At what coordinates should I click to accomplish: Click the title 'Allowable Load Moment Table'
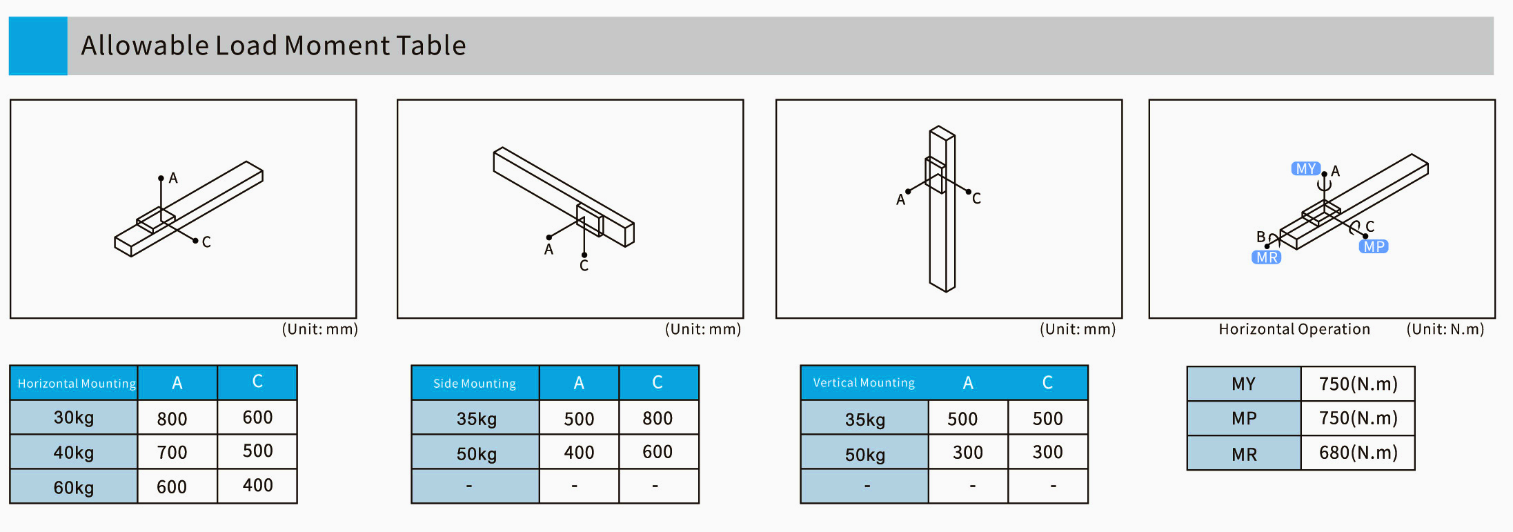coord(273,46)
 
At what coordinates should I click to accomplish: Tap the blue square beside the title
coord(38,46)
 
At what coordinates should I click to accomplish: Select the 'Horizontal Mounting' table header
coord(77,384)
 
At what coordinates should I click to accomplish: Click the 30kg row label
coord(74,417)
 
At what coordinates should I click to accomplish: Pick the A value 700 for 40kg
coord(172,453)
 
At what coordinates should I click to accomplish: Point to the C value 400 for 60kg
coord(258,486)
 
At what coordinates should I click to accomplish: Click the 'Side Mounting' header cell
coord(475,384)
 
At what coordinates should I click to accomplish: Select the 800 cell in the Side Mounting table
coord(657,418)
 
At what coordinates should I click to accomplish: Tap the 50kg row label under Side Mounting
coord(477,454)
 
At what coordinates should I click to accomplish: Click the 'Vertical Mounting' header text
coord(864,383)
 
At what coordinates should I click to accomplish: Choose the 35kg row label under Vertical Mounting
coord(865,420)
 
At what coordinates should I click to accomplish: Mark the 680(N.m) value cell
coord(1358,453)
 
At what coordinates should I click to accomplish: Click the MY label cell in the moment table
coord(1244,384)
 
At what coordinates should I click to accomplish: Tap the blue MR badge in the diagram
coord(1267,257)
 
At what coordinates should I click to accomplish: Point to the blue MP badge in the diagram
coord(1374,246)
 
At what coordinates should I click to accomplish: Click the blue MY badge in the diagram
coord(1305,169)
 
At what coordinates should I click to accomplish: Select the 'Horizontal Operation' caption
coord(1294,329)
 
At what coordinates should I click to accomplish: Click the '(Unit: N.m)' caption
coord(1445,329)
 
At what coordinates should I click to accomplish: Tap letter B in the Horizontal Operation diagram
coord(1260,237)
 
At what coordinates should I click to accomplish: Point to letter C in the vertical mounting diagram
coord(976,199)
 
